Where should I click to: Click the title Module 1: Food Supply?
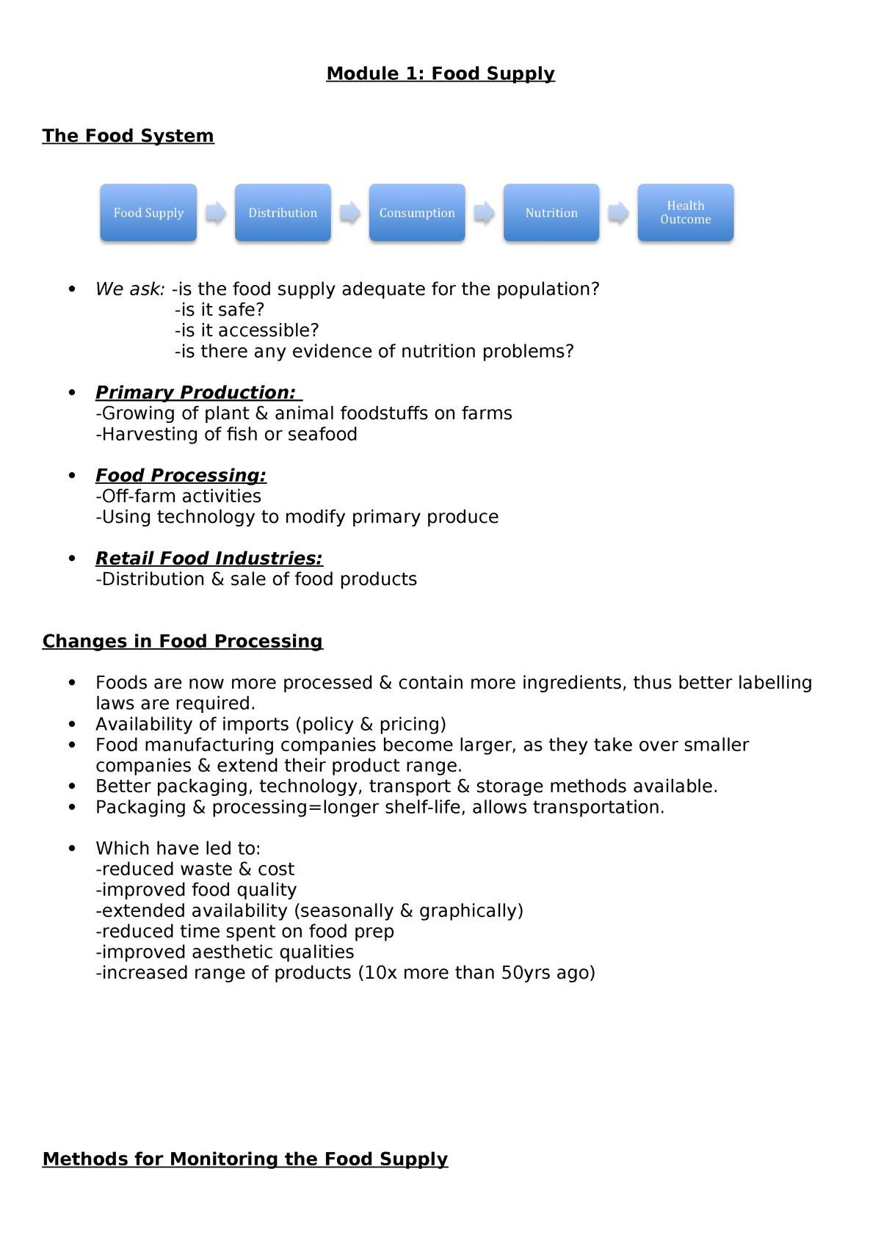point(440,73)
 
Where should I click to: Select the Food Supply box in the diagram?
point(148,212)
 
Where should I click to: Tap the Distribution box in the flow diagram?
point(283,212)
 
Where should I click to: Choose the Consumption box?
point(417,212)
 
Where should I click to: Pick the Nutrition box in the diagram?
point(551,212)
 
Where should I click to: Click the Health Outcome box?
point(686,212)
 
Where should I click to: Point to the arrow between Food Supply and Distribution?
point(216,213)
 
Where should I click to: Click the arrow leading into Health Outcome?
point(619,213)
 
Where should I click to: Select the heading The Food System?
point(128,136)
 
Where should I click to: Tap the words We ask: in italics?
point(130,289)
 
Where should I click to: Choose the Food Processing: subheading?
point(181,476)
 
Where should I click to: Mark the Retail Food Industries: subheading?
point(209,559)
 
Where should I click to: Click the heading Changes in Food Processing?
point(182,641)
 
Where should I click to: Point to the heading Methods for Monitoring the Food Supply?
point(245,1159)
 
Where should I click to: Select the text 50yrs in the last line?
point(525,973)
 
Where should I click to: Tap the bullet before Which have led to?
point(72,849)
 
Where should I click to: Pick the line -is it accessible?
point(247,330)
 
